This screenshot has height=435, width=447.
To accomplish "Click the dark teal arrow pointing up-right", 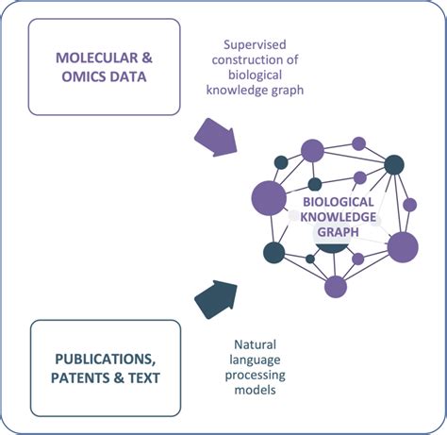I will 216,299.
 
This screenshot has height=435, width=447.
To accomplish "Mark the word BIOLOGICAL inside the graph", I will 338,201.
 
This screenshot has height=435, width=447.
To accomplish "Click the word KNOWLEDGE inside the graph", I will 338,216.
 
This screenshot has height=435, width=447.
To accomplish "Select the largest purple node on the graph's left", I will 269,197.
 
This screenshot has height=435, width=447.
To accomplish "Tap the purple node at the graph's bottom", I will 336,286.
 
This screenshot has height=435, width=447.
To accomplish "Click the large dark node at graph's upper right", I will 395,164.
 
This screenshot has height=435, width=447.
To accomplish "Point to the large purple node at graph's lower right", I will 403,246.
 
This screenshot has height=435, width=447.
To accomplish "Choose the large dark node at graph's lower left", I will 274,252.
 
